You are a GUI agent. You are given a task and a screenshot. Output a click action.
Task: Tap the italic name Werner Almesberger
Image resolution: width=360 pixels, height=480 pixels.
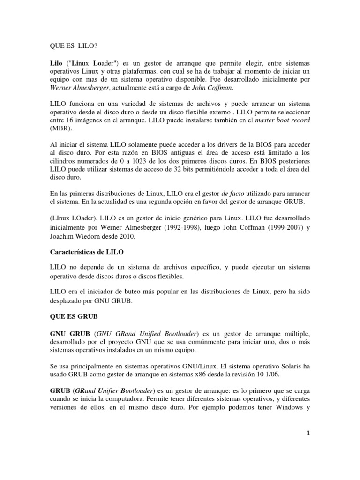pos(80,88)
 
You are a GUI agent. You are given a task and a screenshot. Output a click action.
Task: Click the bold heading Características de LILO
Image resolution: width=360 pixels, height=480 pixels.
pos(86,252)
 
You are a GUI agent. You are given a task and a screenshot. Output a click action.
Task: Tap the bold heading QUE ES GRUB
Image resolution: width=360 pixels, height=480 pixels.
pos(74,316)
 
